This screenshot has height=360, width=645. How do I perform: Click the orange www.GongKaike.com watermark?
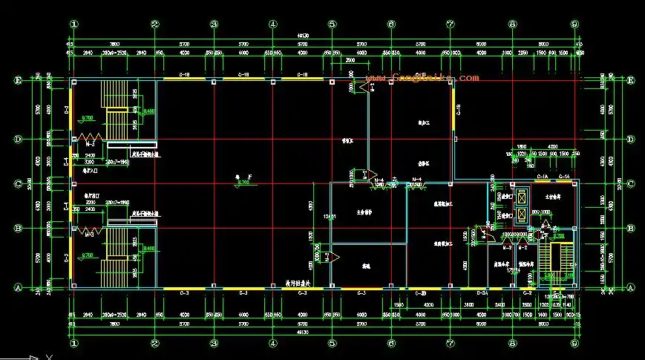tap(423, 77)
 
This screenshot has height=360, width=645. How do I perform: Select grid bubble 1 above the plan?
tap(73, 24)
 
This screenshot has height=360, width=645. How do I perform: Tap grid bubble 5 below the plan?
tap(332, 344)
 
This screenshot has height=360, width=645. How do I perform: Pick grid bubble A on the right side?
tap(630, 288)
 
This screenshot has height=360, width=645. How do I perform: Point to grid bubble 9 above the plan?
tap(574, 24)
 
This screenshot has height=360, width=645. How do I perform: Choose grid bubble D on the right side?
tap(630, 139)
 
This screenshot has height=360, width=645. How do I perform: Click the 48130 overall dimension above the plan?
tap(324, 35)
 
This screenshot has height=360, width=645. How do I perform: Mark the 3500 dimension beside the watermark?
tap(361, 60)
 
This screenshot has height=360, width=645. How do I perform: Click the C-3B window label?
tap(420, 293)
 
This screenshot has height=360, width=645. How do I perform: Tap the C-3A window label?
tap(481, 293)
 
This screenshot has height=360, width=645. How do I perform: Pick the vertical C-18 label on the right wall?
tap(459, 109)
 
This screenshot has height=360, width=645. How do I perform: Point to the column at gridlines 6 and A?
tap(391, 287)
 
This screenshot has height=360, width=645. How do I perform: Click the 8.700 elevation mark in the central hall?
tap(243, 182)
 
